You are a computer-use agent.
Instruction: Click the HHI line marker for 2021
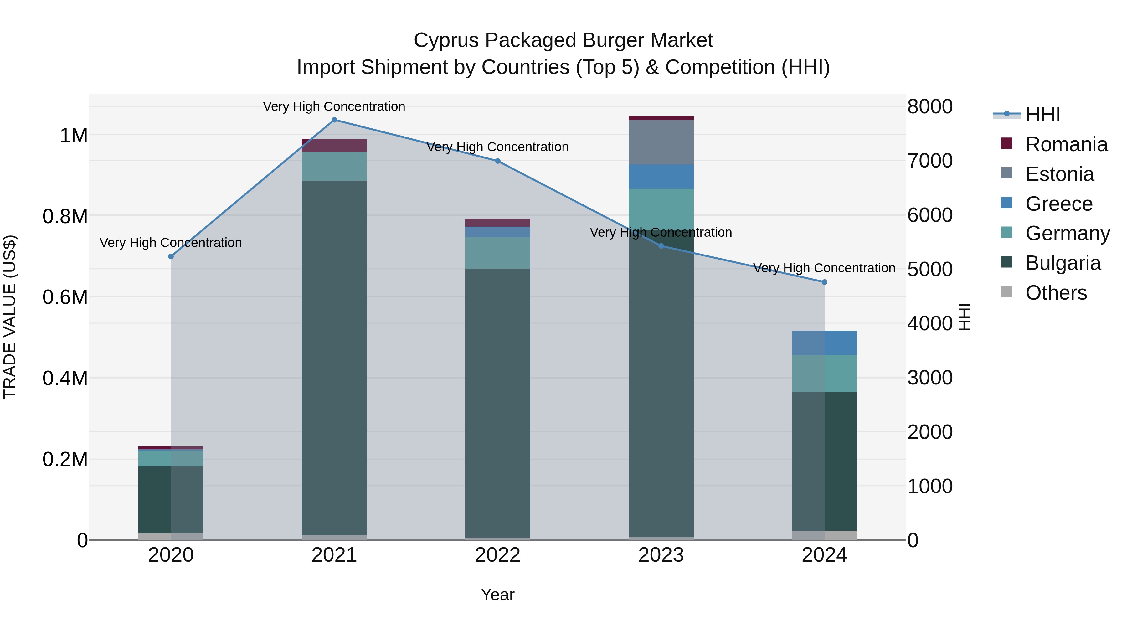pos(334,120)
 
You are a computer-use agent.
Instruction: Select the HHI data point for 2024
pos(824,282)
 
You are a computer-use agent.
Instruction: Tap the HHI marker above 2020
pos(171,256)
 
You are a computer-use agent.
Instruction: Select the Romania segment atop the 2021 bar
pos(334,146)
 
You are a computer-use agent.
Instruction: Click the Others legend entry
pos(1056,293)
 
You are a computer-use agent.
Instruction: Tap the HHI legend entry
pos(1042,115)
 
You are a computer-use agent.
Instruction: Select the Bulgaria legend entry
pos(1063,263)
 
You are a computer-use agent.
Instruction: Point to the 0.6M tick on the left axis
pos(65,297)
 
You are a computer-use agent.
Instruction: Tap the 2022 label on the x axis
pos(497,555)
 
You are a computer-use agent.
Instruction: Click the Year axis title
pos(497,595)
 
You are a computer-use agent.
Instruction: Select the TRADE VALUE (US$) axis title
pos(10,317)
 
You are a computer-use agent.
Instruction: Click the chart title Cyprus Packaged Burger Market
pos(563,40)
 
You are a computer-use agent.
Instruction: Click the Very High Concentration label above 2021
pos(334,106)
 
